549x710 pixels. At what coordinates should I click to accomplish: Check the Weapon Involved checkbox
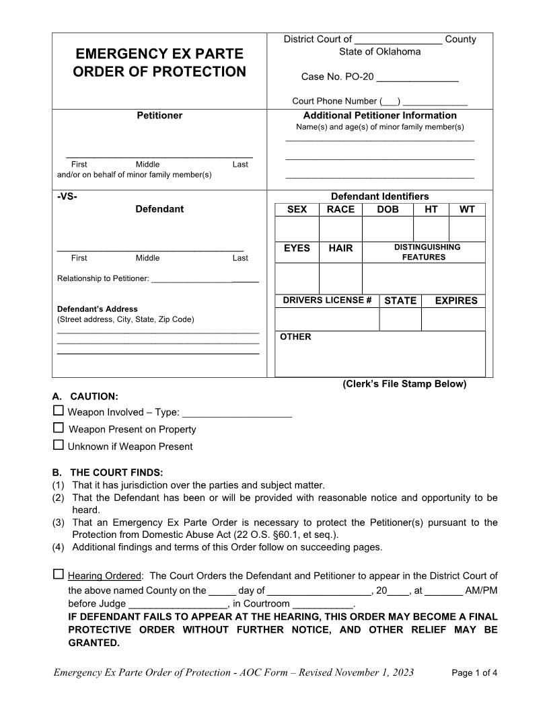click(x=59, y=411)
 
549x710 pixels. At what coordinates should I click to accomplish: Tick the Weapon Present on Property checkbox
click(x=59, y=428)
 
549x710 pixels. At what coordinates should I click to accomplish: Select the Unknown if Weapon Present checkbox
click(x=59, y=444)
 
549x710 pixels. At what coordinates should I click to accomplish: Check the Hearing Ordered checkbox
click(x=59, y=574)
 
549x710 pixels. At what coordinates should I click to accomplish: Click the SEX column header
click(x=297, y=209)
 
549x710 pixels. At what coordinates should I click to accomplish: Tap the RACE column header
click(x=340, y=209)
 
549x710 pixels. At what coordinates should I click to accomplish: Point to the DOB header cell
click(x=388, y=209)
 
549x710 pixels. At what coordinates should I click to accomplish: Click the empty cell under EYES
click(x=297, y=278)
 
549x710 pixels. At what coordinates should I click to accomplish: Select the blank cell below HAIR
click(x=340, y=278)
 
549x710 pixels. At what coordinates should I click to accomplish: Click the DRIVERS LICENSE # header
click(x=327, y=300)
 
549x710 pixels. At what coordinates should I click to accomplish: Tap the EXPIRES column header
click(x=456, y=301)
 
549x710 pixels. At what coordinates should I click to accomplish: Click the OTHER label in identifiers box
click(x=295, y=337)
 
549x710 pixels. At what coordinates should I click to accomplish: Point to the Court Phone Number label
click(x=334, y=101)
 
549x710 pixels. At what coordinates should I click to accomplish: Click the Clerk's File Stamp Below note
click(x=404, y=384)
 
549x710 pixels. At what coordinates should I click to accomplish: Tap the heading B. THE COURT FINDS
click(x=108, y=472)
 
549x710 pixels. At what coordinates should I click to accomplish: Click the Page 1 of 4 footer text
click(x=474, y=672)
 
